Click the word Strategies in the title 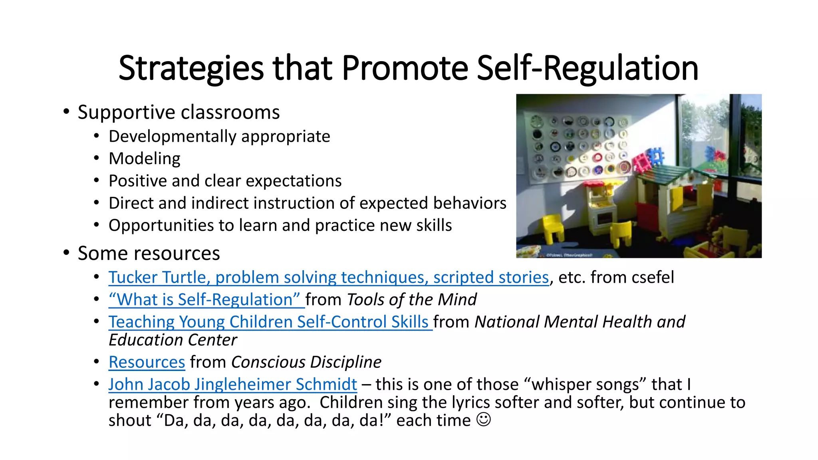point(191,68)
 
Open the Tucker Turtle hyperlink point(328,277)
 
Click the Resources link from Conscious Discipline point(147,362)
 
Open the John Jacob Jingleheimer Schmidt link point(232,384)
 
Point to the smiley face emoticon point(484,420)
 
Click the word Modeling point(144,159)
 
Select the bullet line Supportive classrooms point(178,112)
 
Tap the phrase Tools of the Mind point(411,299)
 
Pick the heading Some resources point(149,253)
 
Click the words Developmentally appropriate point(219,137)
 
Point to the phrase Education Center point(173,340)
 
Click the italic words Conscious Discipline point(306,362)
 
